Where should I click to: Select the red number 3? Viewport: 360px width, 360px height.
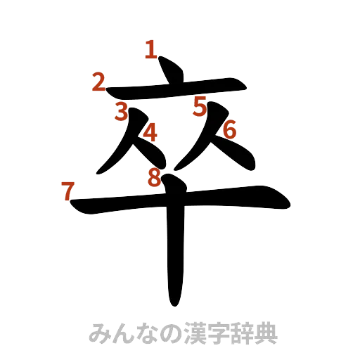tap(122, 111)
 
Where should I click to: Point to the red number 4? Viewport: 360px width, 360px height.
tap(149, 134)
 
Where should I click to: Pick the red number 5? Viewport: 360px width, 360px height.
tap(200, 107)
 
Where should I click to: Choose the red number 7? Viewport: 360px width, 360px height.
tap(67, 191)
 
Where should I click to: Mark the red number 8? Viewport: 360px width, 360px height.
tap(154, 179)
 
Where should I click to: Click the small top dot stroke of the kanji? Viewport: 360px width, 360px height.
tap(169, 71)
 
